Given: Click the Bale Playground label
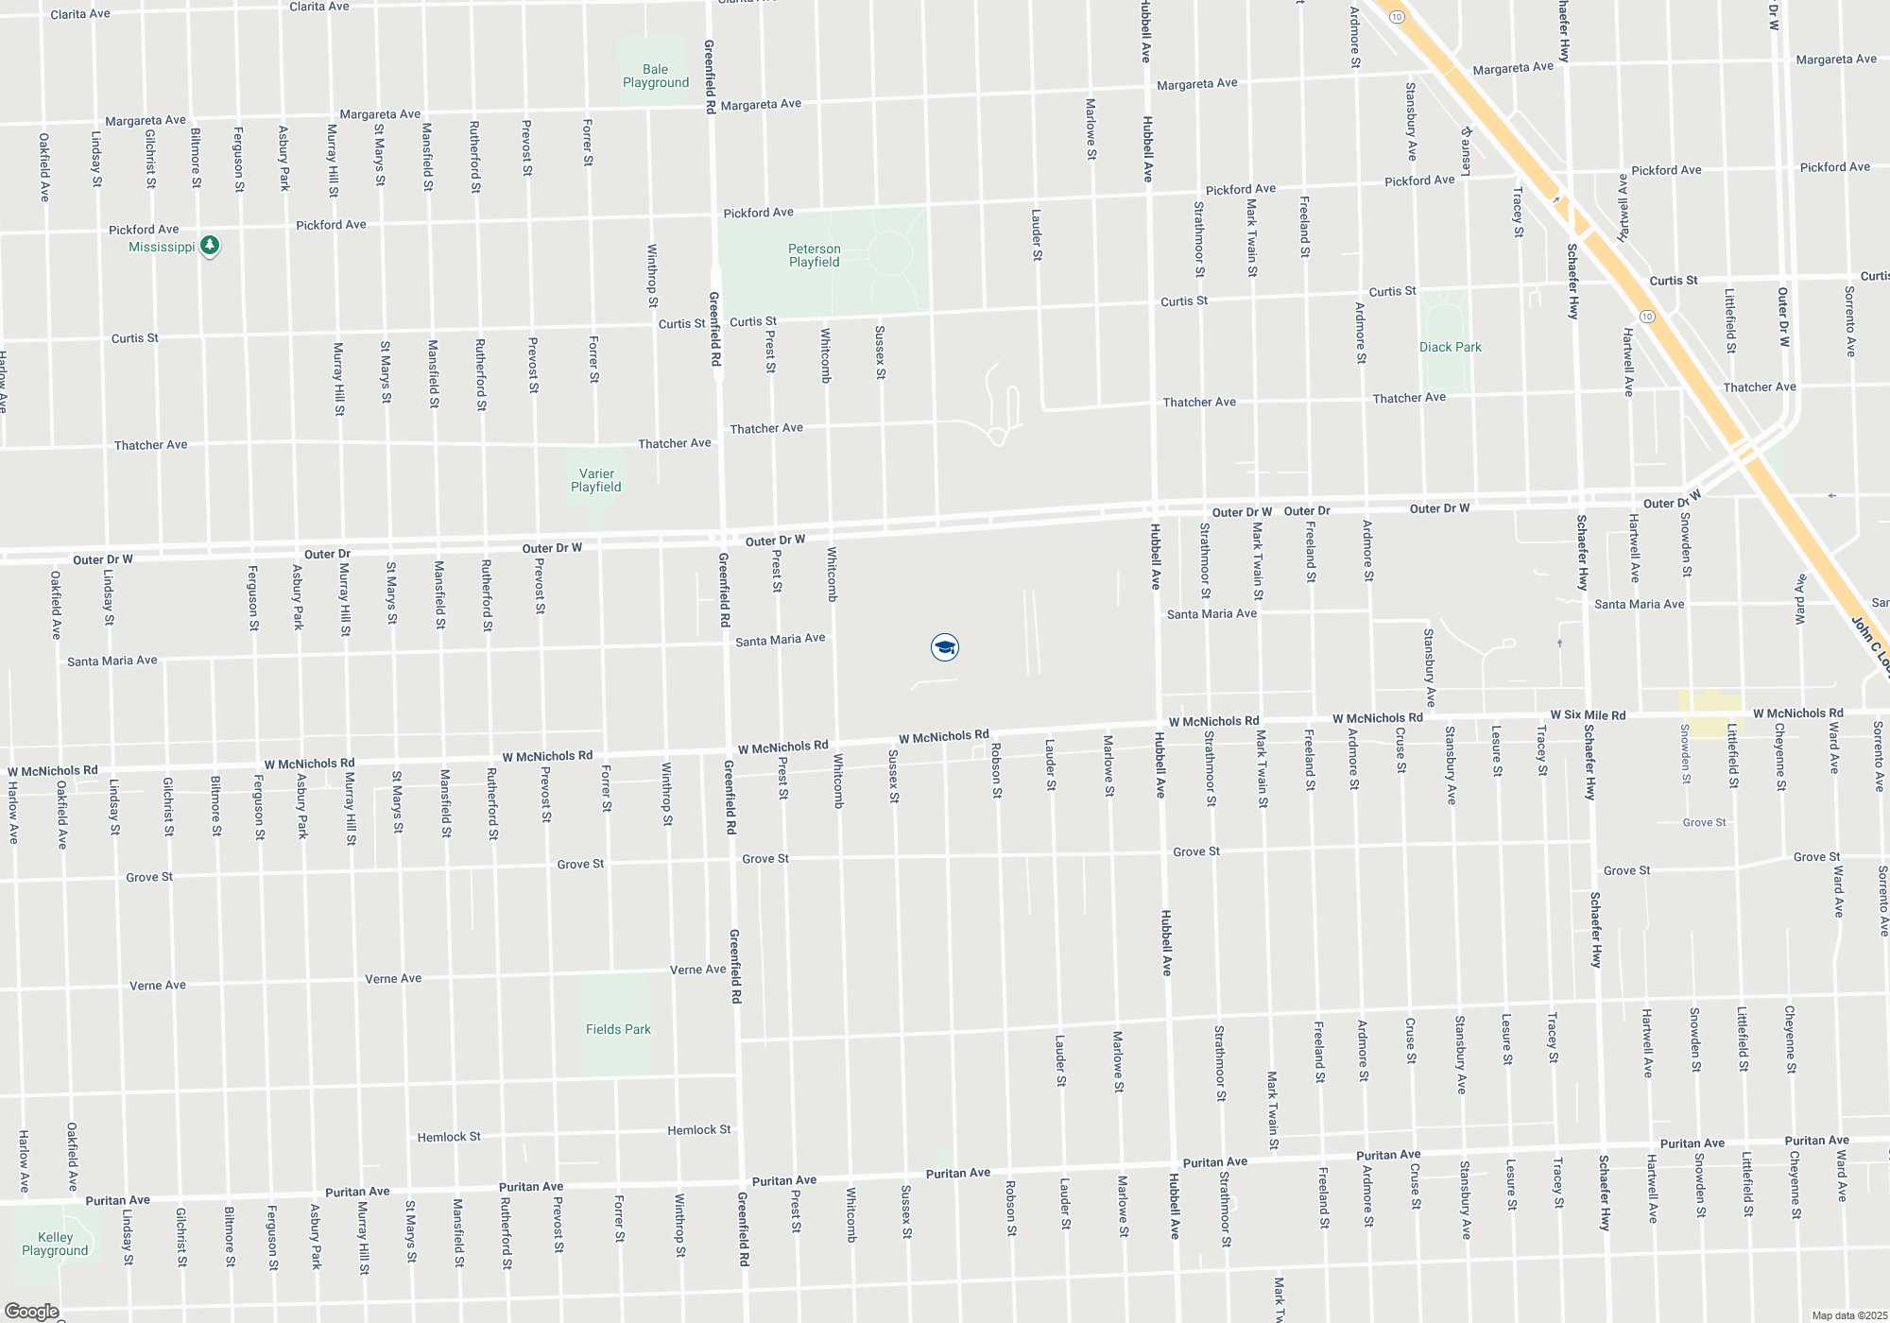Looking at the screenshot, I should pyautogui.click(x=655, y=76).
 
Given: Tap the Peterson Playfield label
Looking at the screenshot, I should pyautogui.click(x=814, y=255).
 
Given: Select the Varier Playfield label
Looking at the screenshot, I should pyautogui.click(x=595, y=480).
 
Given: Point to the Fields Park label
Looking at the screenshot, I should pyautogui.click(x=618, y=1029).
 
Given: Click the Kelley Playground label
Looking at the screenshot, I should pyautogui.click(x=55, y=1244).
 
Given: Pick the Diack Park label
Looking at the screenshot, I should pyautogui.click(x=1450, y=347).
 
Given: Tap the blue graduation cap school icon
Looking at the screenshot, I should pyautogui.click(x=944, y=647).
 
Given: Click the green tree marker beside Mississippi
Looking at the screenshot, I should pyautogui.click(x=210, y=246).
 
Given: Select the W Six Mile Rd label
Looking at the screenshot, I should pyautogui.click(x=1588, y=715).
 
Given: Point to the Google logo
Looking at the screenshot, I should pyautogui.click(x=31, y=1312).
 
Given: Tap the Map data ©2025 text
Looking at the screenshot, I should pyautogui.click(x=1848, y=1315).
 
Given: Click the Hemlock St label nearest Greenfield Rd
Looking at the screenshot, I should pyautogui.click(x=698, y=1129).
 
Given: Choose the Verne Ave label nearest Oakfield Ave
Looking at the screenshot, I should pyautogui.click(x=157, y=985).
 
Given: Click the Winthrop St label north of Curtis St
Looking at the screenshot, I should pyautogui.click(x=652, y=276).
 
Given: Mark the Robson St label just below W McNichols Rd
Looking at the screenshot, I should pyautogui.click(x=996, y=770).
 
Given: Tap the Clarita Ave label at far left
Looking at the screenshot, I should pyautogui.click(x=79, y=14).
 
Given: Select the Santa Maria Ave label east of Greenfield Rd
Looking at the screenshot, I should pyautogui.click(x=780, y=640).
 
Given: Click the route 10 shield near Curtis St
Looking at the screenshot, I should pyautogui.click(x=1647, y=316).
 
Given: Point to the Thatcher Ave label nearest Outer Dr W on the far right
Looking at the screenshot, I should pyautogui.click(x=1759, y=387).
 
